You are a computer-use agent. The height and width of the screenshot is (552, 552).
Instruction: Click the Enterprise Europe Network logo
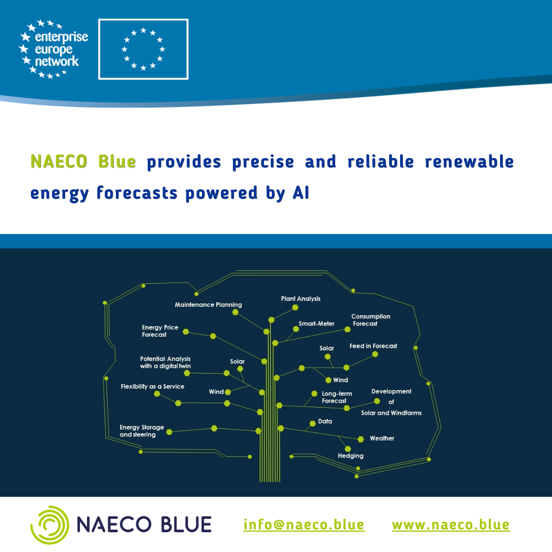pyautogui.click(x=53, y=49)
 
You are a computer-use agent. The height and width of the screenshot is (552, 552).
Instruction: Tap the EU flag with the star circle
pyautogui.click(x=143, y=49)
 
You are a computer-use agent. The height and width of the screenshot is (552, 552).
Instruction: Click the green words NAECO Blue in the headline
pyautogui.click(x=83, y=161)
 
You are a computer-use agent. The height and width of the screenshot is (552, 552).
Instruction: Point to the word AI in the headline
pyautogui.click(x=301, y=193)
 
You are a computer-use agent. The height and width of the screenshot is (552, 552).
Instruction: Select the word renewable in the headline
pyautogui.click(x=469, y=161)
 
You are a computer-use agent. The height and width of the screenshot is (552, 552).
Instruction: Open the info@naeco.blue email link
pyautogui.click(x=304, y=524)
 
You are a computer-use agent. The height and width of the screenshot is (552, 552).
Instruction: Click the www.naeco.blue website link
pyautogui.click(x=451, y=524)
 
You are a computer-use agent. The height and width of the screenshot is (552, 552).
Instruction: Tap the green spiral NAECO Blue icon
pyautogui.click(x=50, y=525)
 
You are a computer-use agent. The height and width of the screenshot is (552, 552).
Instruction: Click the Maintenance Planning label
pyautogui.click(x=208, y=305)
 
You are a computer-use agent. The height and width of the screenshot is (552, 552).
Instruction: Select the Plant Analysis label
pyautogui.click(x=300, y=299)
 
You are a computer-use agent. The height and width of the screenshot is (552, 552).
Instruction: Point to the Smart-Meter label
pyautogui.click(x=316, y=323)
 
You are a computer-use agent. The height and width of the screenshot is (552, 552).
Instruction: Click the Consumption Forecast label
pyautogui.click(x=371, y=320)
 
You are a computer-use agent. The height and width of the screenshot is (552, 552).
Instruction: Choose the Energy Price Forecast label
pyautogui.click(x=160, y=331)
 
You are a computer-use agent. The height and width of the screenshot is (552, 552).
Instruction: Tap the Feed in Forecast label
pyautogui.click(x=373, y=346)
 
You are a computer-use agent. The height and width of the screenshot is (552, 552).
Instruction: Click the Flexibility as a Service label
pyautogui.click(x=152, y=386)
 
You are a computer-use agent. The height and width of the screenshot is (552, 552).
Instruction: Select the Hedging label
pyautogui.click(x=351, y=456)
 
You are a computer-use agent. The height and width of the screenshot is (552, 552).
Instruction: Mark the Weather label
pyautogui.click(x=382, y=438)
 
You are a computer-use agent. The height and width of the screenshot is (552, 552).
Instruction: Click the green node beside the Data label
pyautogui.click(x=312, y=423)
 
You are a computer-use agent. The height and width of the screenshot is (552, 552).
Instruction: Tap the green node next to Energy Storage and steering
pyautogui.click(x=169, y=432)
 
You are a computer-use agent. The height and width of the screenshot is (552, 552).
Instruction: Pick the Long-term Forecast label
pyautogui.click(x=337, y=397)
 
